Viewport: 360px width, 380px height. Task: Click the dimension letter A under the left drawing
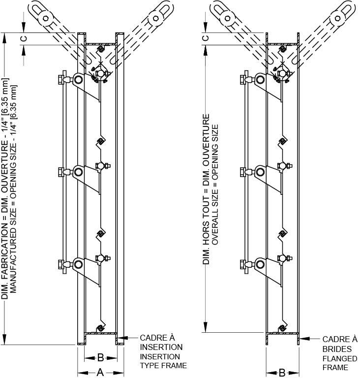100,373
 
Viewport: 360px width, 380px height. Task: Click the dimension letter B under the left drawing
100,357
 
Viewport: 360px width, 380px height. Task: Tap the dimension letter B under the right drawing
282,373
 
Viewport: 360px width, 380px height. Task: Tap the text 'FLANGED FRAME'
339,363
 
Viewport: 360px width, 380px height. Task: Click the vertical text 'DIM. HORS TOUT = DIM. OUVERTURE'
207,190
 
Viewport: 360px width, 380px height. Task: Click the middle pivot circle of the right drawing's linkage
260,171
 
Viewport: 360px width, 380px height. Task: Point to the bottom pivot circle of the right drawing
260,263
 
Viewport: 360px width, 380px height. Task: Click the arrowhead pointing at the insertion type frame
127,338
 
